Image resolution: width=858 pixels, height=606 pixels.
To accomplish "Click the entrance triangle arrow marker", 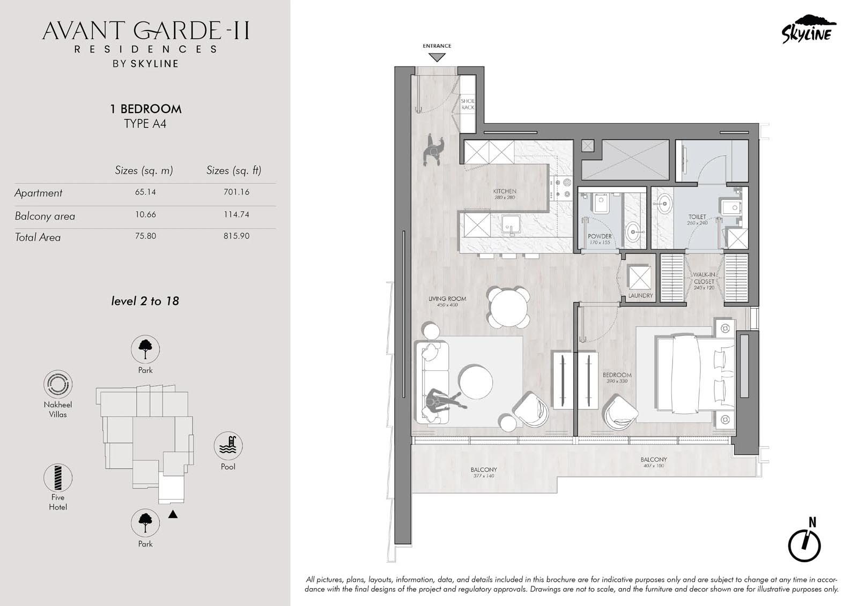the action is point(437,57).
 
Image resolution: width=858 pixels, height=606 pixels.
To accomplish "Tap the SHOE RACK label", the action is point(468,104).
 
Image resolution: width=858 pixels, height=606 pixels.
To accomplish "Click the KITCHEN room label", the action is point(505,191).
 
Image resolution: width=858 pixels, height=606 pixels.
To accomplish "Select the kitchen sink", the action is point(511,225).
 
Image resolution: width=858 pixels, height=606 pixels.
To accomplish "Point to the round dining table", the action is point(509,308).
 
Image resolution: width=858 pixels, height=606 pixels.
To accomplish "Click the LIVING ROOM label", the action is point(447,298).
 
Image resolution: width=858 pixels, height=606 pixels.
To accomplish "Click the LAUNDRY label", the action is point(640,296).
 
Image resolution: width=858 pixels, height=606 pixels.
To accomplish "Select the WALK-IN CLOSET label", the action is point(704,278).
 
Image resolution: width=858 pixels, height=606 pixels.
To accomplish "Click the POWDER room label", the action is point(600,236).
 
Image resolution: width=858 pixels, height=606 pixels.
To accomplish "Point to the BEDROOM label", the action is point(617,375).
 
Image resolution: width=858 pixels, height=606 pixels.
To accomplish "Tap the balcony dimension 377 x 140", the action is point(484,476).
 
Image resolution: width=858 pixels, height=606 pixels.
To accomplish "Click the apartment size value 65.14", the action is point(145,192).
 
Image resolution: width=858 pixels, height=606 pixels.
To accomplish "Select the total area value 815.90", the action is point(236,236).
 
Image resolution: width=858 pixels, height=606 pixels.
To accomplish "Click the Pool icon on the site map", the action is point(228,446).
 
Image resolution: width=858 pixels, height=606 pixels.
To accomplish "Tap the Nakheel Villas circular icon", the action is point(58,384).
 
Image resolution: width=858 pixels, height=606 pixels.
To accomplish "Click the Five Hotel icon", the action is point(58,478).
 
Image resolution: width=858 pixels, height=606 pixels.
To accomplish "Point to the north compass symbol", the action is point(804,544).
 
